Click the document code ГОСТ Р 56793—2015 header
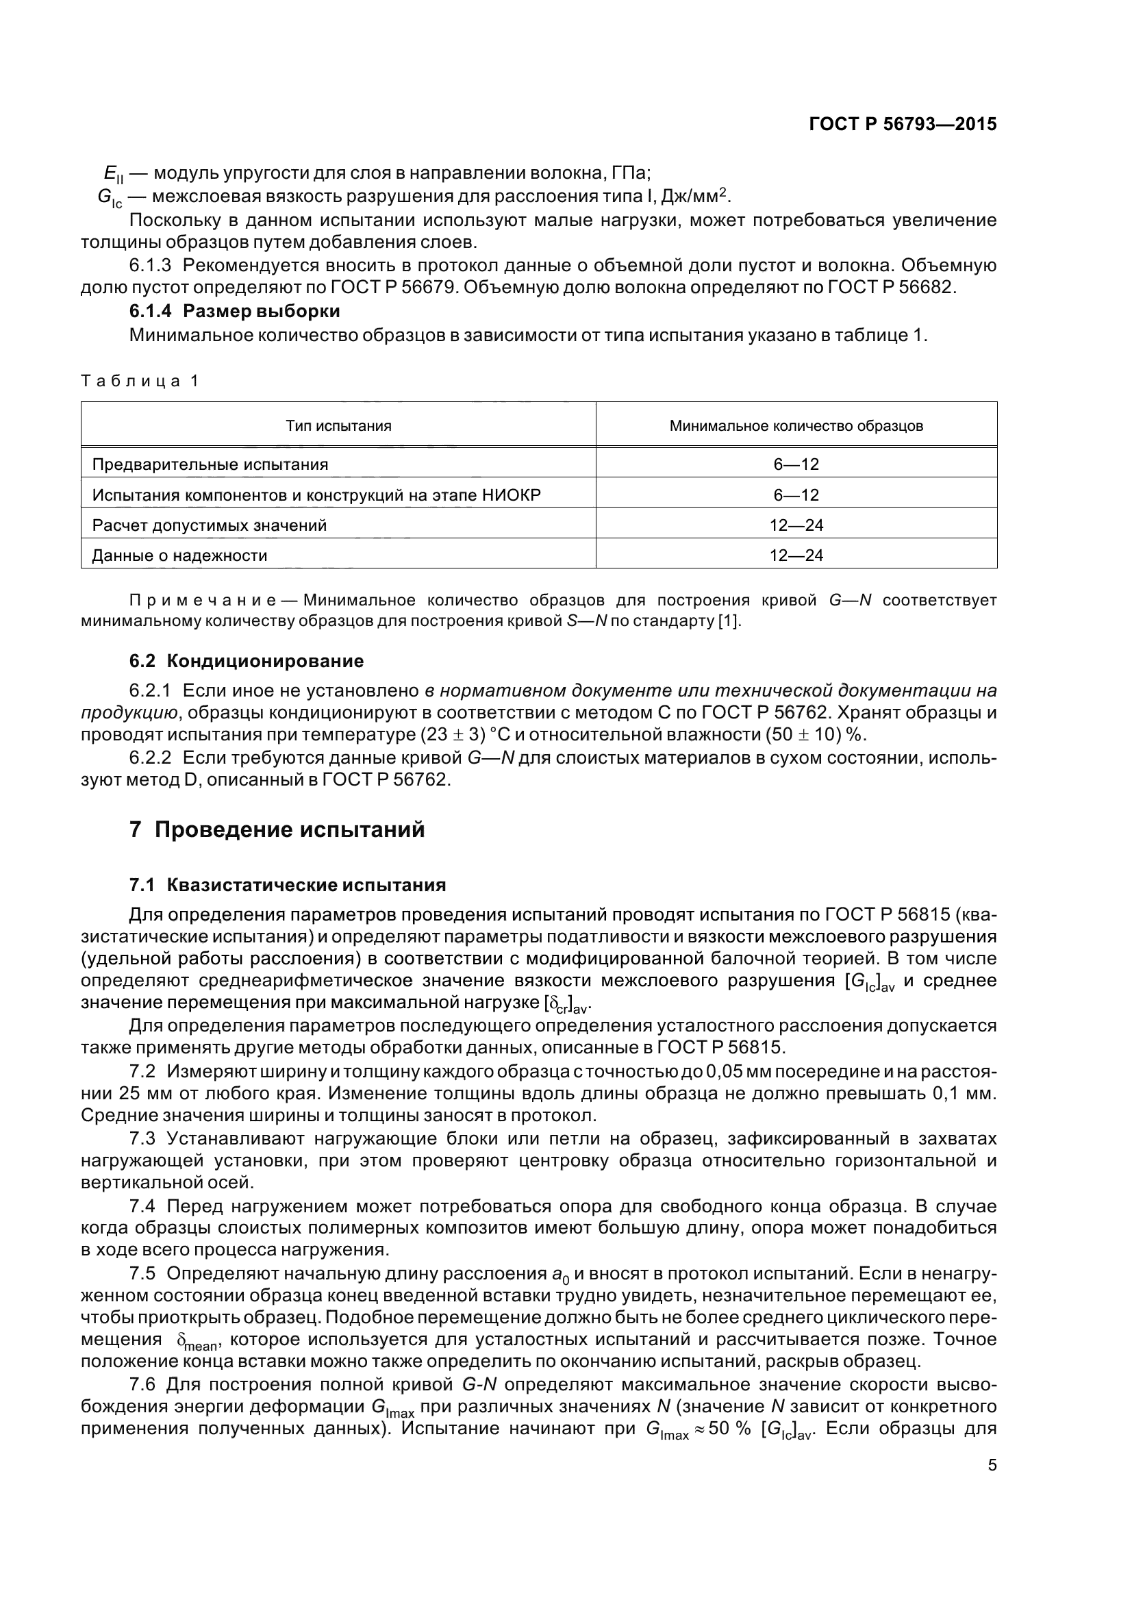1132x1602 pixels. click(x=902, y=124)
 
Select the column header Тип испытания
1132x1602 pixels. click(x=338, y=425)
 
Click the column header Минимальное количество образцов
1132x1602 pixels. click(x=796, y=425)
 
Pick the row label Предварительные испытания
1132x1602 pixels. click(x=210, y=464)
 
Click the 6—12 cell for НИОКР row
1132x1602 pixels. click(x=796, y=495)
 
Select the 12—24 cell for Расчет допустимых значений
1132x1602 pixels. click(x=796, y=525)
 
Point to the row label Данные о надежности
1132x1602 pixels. click(x=179, y=555)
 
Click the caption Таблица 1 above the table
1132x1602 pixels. click(x=140, y=381)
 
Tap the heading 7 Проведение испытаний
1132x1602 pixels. click(x=277, y=829)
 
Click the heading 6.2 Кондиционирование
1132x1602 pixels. click(x=247, y=660)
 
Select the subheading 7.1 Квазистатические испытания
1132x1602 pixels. click(x=288, y=886)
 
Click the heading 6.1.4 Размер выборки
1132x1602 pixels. click(x=234, y=311)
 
